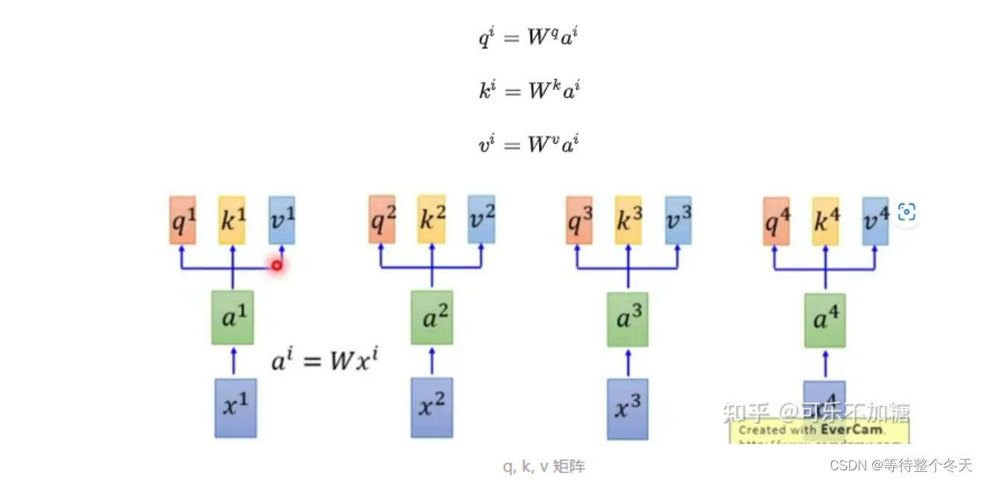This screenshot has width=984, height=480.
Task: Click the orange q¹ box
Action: click(182, 220)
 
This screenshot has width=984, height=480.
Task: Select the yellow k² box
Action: click(432, 220)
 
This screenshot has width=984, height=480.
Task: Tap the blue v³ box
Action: click(678, 220)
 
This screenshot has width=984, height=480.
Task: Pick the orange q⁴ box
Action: click(776, 221)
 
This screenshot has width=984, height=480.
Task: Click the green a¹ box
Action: click(233, 318)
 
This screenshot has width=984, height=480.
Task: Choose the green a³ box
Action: click(627, 318)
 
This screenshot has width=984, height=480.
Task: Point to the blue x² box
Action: click(432, 408)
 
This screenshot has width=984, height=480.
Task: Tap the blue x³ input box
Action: click(627, 408)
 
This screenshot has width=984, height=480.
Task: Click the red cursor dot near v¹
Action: click(277, 265)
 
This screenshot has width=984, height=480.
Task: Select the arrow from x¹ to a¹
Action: click(233, 361)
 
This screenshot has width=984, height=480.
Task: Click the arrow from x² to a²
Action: click(432, 361)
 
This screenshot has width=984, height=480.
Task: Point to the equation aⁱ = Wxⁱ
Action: click(324, 363)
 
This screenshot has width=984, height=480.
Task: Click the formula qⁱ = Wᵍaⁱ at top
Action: click(529, 36)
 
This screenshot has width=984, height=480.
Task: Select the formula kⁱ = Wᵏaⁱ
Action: click(529, 90)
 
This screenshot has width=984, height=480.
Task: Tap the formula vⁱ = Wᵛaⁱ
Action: click(529, 143)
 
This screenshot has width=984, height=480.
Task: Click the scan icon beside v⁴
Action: click(906, 212)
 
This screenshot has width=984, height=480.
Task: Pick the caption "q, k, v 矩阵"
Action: click(543, 467)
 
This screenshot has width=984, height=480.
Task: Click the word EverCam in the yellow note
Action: click(853, 429)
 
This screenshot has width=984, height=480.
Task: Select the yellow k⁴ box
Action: click(825, 221)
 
